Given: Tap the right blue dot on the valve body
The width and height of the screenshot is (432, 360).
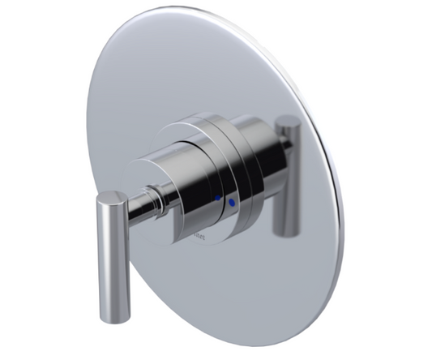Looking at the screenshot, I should click(232, 201).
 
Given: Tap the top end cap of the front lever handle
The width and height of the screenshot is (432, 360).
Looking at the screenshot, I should click(112, 197).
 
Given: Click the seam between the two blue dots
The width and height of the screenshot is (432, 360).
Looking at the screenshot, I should click(225, 199).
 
